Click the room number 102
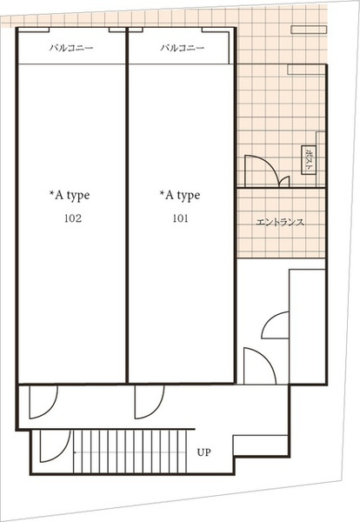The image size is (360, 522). click(x=73, y=218)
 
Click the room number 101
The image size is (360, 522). click(x=181, y=218)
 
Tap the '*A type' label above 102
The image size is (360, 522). click(x=70, y=196)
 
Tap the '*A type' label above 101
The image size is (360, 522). click(x=180, y=196)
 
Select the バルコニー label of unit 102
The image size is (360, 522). click(x=71, y=48)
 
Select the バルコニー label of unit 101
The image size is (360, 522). click(x=182, y=48)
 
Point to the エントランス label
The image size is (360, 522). click(x=280, y=222)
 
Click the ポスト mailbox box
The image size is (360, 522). click(x=309, y=160)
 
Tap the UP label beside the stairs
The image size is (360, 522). click(x=204, y=452)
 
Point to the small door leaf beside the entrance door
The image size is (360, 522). click(x=285, y=181)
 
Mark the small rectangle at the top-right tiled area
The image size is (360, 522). click(x=309, y=30)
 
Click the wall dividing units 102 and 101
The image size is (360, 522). click(x=127, y=205)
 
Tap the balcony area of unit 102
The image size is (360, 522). click(x=71, y=46)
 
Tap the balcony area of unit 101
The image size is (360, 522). click(x=179, y=46)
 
